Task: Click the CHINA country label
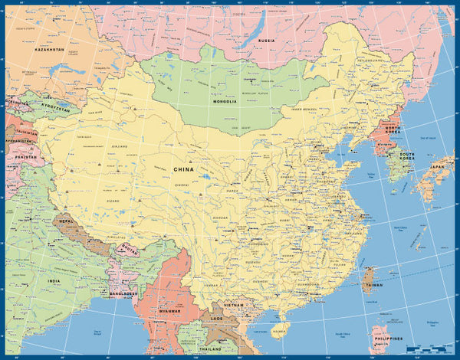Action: pyautogui.click(x=183, y=169)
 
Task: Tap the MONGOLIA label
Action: pyautogui.click(x=224, y=100)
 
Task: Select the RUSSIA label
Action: pyautogui.click(x=266, y=40)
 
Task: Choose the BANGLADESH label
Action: pyautogui.click(x=122, y=293)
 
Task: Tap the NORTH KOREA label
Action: pyautogui.click(x=393, y=131)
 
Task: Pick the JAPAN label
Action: pyautogui.click(x=438, y=166)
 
